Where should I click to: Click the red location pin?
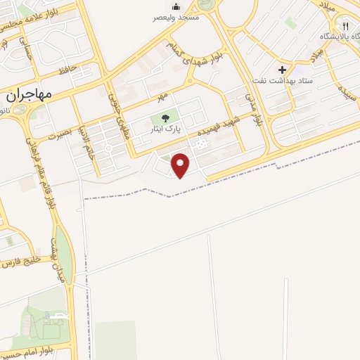[x=181, y=165]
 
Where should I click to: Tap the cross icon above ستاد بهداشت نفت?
[x=282, y=70]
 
